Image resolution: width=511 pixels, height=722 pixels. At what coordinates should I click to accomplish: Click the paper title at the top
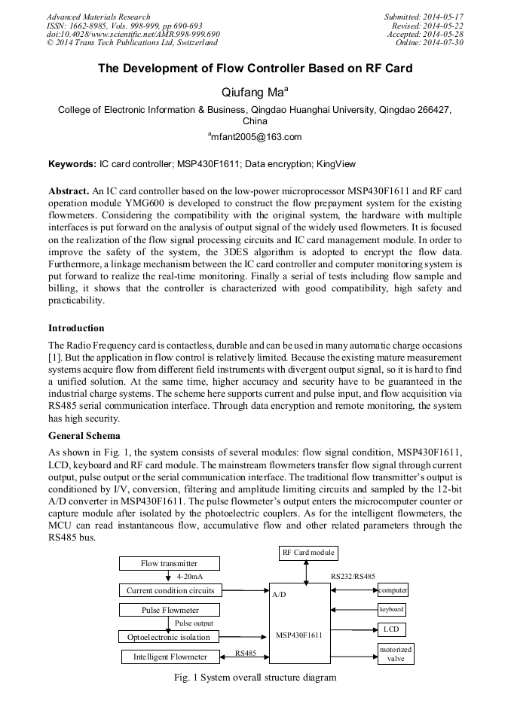point(255,69)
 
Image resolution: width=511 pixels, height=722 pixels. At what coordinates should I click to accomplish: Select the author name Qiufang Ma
point(255,93)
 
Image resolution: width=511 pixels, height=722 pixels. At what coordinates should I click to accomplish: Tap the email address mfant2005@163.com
point(255,137)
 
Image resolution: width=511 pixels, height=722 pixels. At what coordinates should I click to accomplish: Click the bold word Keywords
point(72,163)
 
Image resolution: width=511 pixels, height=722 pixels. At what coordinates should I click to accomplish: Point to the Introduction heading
point(76,328)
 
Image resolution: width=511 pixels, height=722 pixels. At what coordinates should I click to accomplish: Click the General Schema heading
point(84,435)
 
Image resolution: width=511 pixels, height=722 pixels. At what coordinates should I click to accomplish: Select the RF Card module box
point(308,553)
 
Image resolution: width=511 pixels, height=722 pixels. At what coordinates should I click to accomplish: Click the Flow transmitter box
point(169,563)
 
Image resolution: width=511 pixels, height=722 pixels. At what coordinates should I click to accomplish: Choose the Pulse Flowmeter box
point(170,610)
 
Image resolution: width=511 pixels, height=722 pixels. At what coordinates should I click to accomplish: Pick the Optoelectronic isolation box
point(169,637)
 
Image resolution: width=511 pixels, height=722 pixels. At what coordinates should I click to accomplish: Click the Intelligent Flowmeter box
point(170,657)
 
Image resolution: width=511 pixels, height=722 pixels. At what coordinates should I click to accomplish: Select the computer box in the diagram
point(393,590)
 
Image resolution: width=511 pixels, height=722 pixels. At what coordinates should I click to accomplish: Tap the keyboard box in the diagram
point(391,609)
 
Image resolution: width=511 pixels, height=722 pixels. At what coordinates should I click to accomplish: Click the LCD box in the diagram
point(391,629)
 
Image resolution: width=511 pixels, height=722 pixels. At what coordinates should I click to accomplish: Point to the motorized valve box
point(396,653)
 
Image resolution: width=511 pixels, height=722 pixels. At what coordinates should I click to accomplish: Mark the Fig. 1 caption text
point(255,678)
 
